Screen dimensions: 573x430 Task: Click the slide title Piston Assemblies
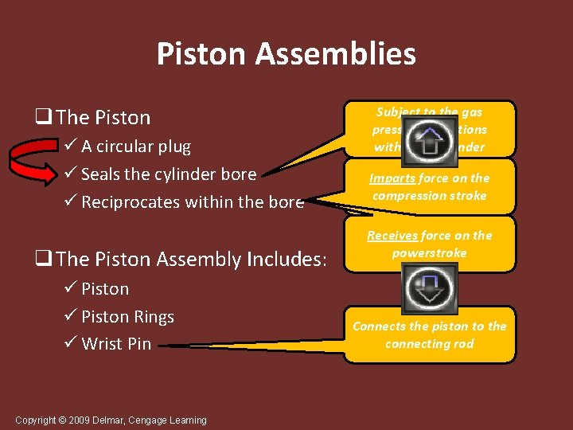286,54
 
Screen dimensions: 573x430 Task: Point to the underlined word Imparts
388,178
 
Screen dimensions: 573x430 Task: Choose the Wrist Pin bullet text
116,344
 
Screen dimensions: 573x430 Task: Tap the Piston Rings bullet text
127,316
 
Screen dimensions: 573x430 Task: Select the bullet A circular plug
136,147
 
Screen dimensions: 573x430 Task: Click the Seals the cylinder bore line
169,174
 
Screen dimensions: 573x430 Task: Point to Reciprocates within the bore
193,202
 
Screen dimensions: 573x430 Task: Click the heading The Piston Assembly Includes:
192,259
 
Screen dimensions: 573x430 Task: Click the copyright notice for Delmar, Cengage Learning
111,420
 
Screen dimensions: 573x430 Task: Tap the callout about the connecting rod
429,335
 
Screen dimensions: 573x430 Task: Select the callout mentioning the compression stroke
429,187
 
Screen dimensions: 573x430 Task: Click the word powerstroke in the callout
429,252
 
